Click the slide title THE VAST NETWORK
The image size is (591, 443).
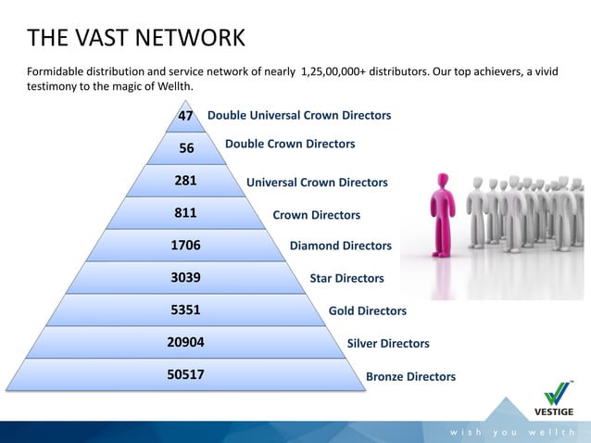click(136, 38)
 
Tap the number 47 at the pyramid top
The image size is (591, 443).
click(185, 116)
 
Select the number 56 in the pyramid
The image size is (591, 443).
click(186, 148)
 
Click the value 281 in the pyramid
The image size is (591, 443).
click(186, 181)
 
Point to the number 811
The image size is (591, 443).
click(186, 214)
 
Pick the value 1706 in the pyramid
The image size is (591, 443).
click(186, 246)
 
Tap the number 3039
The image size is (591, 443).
click(186, 277)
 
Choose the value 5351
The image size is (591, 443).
click(186, 310)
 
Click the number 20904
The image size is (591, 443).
click(186, 342)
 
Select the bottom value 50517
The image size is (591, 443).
click(186, 375)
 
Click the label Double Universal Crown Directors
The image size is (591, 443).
click(299, 116)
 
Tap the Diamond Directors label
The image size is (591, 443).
click(341, 247)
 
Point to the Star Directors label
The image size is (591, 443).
click(346, 278)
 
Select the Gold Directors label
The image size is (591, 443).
click(368, 311)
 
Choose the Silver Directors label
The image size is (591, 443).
click(388, 344)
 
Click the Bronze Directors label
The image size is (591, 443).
click(411, 377)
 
